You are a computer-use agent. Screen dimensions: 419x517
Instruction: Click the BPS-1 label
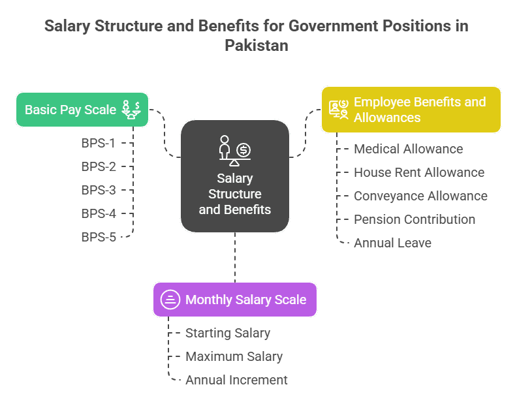pos(99,143)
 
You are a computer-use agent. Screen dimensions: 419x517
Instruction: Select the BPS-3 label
pos(99,190)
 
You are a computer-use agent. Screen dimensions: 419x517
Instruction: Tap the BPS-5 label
pos(99,237)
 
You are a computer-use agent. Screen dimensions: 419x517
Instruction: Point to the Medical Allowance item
pos(408,149)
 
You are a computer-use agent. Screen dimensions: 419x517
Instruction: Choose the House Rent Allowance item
pos(418,172)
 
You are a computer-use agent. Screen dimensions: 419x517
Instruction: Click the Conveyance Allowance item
pos(420,196)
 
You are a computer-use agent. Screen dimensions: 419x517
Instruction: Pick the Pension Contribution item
pos(414,219)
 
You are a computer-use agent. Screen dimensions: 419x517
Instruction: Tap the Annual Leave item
pos(392,243)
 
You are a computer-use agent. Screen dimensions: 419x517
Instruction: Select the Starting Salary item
pos(227,333)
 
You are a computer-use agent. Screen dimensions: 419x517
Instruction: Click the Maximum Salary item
pos(234,356)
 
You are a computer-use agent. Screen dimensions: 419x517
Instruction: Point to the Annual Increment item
pos(236,380)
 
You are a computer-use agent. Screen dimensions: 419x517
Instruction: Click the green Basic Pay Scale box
pos(82,110)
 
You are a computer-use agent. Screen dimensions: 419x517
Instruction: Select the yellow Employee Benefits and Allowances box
pos(411,110)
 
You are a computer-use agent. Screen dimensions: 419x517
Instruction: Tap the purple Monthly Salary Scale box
pos(235,300)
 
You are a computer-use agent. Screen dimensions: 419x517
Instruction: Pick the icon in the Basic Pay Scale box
pos(131,110)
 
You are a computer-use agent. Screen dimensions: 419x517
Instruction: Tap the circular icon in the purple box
pos(170,300)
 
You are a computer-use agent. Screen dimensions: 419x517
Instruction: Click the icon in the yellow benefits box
pos(339,109)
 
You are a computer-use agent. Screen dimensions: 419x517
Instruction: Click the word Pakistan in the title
pos(256,46)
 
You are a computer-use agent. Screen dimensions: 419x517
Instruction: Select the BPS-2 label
pos(99,166)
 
